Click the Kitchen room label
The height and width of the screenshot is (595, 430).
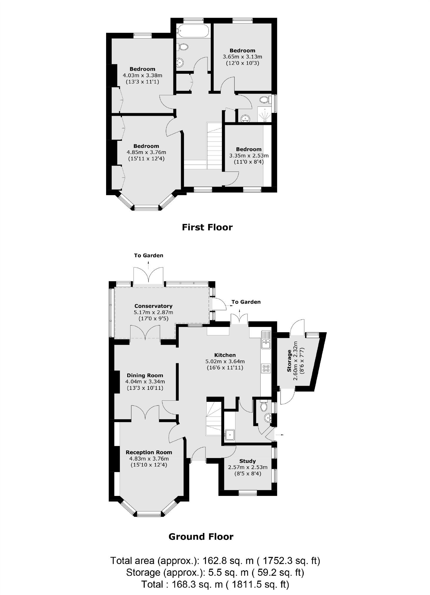(x=225, y=355)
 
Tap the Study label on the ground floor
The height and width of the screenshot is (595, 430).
(x=247, y=461)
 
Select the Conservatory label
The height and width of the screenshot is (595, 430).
(x=153, y=306)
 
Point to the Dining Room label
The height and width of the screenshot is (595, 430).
(x=145, y=375)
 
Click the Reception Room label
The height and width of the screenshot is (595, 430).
(x=149, y=452)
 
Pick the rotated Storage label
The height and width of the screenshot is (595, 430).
(x=290, y=361)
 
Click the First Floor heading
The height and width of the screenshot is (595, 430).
(x=207, y=227)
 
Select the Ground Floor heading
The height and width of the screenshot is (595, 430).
(x=201, y=537)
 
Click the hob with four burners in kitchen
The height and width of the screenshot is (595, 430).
(x=266, y=368)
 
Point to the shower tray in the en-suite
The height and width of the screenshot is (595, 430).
(x=265, y=115)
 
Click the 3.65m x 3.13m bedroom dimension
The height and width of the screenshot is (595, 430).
(x=242, y=57)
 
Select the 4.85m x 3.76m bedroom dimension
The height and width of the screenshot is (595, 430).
(x=146, y=152)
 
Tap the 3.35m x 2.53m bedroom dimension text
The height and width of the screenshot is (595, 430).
(x=249, y=156)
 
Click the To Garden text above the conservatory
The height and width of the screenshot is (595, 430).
(x=148, y=255)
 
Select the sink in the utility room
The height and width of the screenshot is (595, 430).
(x=229, y=434)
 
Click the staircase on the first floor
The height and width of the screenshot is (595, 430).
(x=215, y=146)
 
